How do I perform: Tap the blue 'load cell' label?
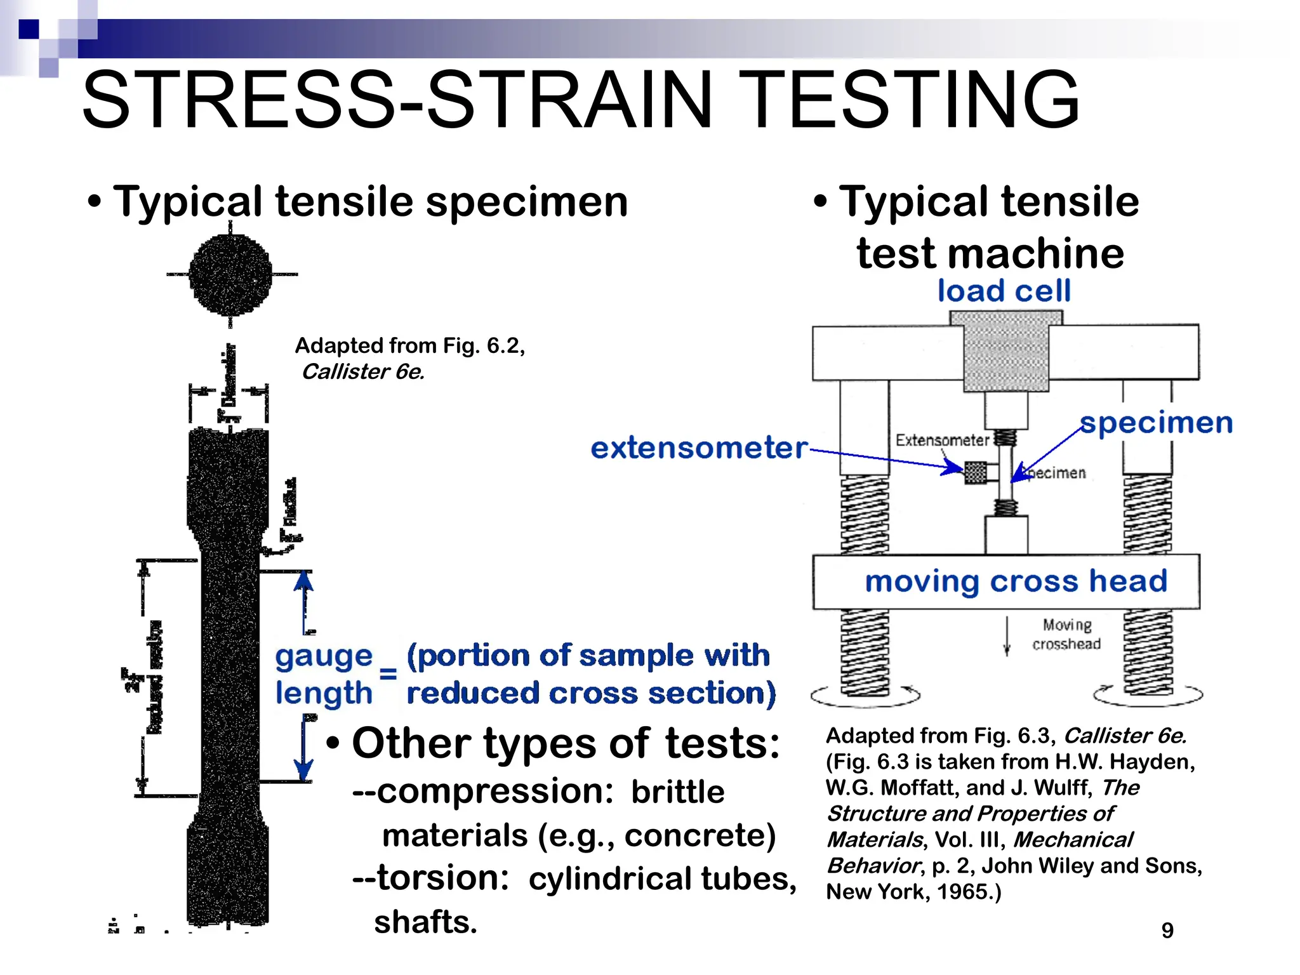click(1004, 291)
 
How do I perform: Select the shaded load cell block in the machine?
click(1005, 352)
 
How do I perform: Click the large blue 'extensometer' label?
click(699, 448)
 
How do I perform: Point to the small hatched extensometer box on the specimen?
click(976, 472)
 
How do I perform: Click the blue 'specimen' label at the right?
click(1156, 423)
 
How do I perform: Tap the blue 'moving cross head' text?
click(1016, 581)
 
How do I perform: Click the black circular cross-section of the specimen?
click(230, 274)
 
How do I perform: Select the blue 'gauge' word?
click(324, 656)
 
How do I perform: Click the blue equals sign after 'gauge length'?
click(388, 674)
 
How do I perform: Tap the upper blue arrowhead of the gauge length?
click(304, 580)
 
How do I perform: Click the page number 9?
click(1167, 931)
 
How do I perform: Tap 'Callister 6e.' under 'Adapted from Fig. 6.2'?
click(362, 372)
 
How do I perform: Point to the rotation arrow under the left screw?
click(865, 697)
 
